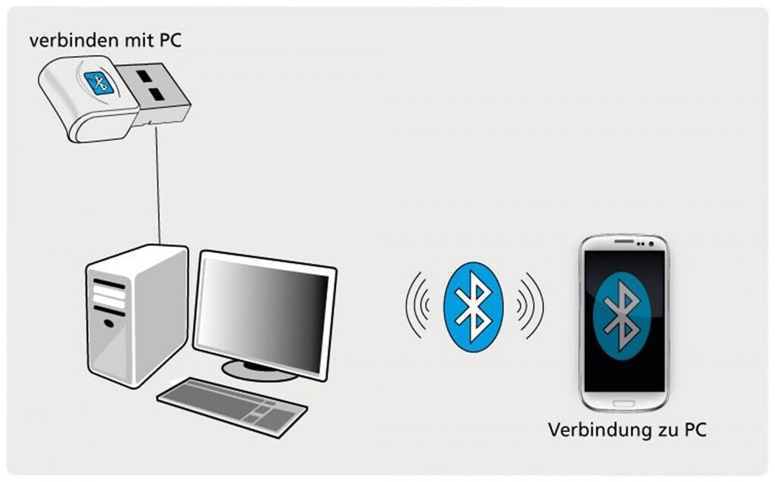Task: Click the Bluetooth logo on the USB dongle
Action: (99, 82)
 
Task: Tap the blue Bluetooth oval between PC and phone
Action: (473, 305)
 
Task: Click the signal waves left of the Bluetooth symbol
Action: (416, 305)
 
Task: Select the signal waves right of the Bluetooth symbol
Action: (530, 305)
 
